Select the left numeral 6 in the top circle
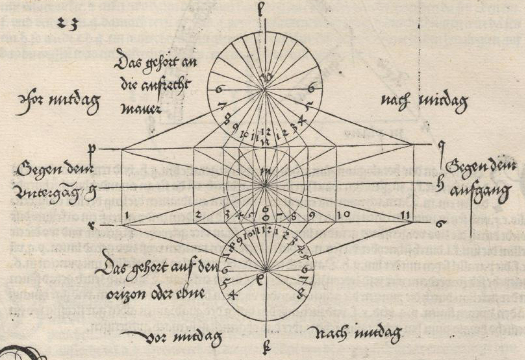pyautogui.click(x=219, y=90)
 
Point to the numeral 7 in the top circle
pyautogui.click(x=221, y=107)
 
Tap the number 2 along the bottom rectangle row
pyautogui.click(x=199, y=216)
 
